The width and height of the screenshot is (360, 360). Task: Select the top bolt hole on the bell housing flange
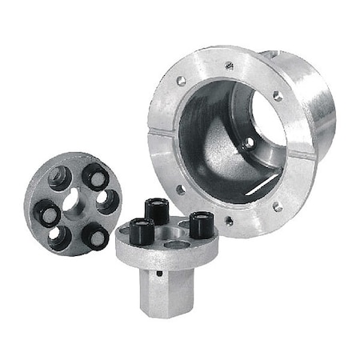pyautogui.click(x=229, y=66)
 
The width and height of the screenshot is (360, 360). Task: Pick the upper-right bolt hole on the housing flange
pyautogui.click(x=277, y=96)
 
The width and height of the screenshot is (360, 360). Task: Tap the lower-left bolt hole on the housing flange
pyautogui.click(x=181, y=190)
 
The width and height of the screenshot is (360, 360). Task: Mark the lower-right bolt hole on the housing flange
pyautogui.click(x=276, y=206)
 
